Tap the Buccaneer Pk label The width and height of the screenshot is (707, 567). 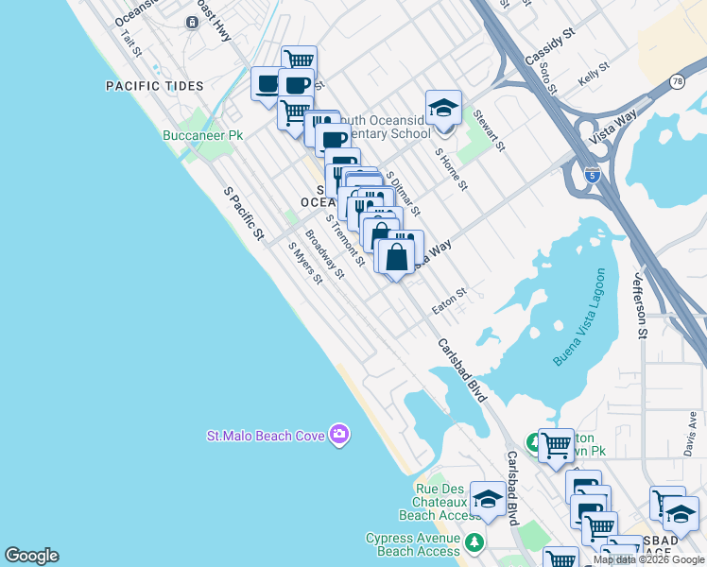(201, 135)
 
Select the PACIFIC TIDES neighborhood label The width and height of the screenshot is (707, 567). (155, 86)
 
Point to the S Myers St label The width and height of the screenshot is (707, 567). (305, 263)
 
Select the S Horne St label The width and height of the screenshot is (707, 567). (452, 167)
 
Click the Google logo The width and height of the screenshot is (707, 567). (31, 556)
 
